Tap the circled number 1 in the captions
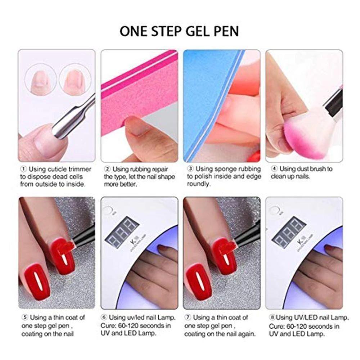(23, 169)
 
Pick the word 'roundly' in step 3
(198, 184)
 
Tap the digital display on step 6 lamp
(121, 231)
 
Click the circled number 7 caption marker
(188, 318)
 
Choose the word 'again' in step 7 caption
(247, 334)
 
